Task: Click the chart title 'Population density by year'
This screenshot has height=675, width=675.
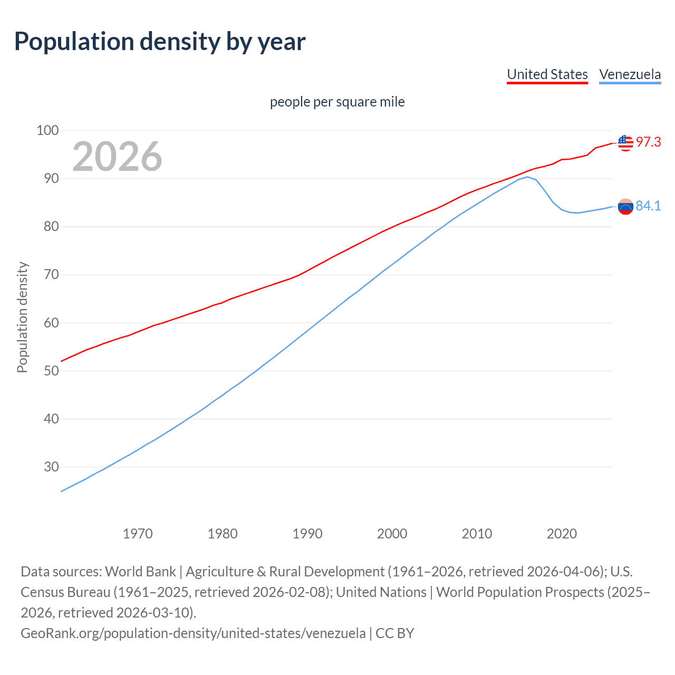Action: coord(159,42)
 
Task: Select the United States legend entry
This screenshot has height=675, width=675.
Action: coord(547,74)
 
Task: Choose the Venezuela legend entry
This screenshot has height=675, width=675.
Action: coord(630,74)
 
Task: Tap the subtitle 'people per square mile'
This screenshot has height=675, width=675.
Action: coord(337,102)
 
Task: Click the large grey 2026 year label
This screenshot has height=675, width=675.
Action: coord(117,157)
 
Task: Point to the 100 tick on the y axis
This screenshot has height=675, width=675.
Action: coord(47,130)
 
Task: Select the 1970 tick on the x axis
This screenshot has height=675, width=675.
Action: coord(138,534)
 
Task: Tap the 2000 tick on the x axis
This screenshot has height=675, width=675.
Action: coord(392,534)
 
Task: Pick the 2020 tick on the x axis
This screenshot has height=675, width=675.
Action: coord(562,534)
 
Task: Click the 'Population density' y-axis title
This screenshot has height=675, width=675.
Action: coord(22,317)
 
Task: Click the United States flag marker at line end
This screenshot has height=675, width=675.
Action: coord(625,143)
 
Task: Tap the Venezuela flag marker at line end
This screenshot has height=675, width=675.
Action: coord(625,207)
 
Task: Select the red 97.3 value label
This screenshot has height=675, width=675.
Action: coord(648,142)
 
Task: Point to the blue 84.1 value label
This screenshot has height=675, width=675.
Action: coord(648,206)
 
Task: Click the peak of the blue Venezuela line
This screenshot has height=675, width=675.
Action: coord(527,177)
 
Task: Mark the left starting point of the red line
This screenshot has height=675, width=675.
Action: coord(62,361)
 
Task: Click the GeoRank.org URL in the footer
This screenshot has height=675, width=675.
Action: coord(193,633)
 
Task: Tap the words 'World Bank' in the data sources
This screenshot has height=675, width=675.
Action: coord(140,572)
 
